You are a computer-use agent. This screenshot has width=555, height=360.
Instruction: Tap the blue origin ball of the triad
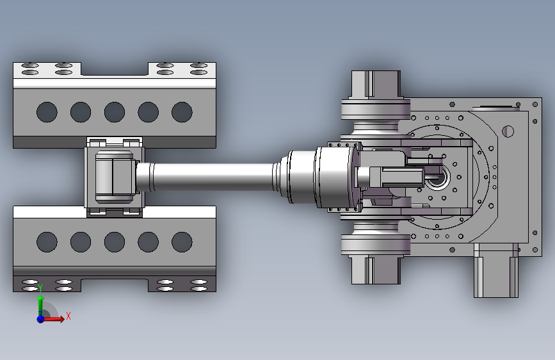(x=41, y=319)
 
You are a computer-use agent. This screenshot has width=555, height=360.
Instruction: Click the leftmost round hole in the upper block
(x=47, y=112)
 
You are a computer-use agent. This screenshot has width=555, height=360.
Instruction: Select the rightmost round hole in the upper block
(x=182, y=112)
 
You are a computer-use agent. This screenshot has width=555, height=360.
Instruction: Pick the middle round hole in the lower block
(x=115, y=242)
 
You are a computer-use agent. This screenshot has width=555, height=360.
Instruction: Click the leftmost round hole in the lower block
(x=47, y=242)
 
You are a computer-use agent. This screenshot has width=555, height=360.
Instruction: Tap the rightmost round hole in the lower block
(x=182, y=242)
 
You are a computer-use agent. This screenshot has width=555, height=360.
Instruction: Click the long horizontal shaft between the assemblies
(x=213, y=177)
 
